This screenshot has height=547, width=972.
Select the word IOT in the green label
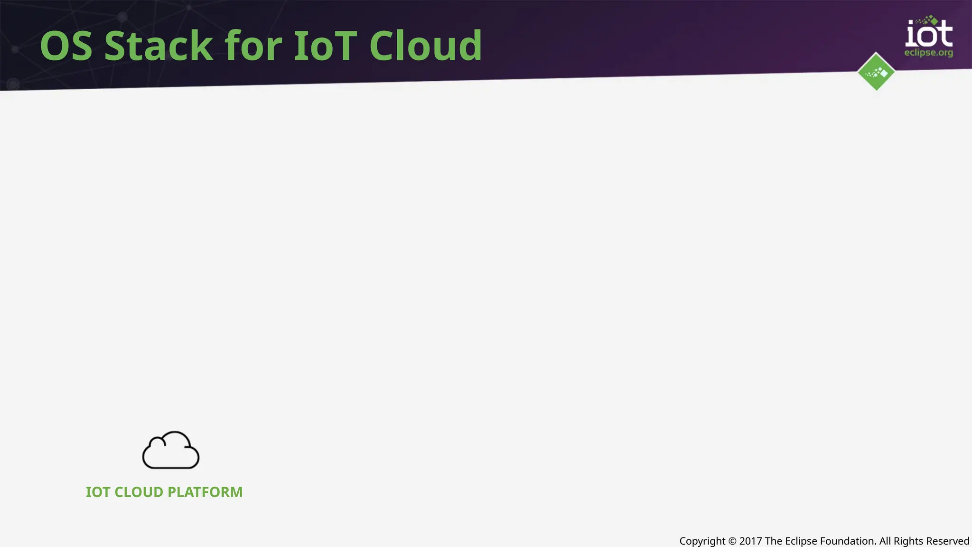point(98,492)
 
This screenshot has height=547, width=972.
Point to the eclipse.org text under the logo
point(928,53)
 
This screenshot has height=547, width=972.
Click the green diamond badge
point(876,72)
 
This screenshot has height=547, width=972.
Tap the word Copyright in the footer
point(702,541)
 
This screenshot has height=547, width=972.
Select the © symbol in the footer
point(732,541)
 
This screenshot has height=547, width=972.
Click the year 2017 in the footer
point(750,541)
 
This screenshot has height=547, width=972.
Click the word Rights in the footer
point(908,541)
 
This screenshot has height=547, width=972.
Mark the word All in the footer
point(885,541)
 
